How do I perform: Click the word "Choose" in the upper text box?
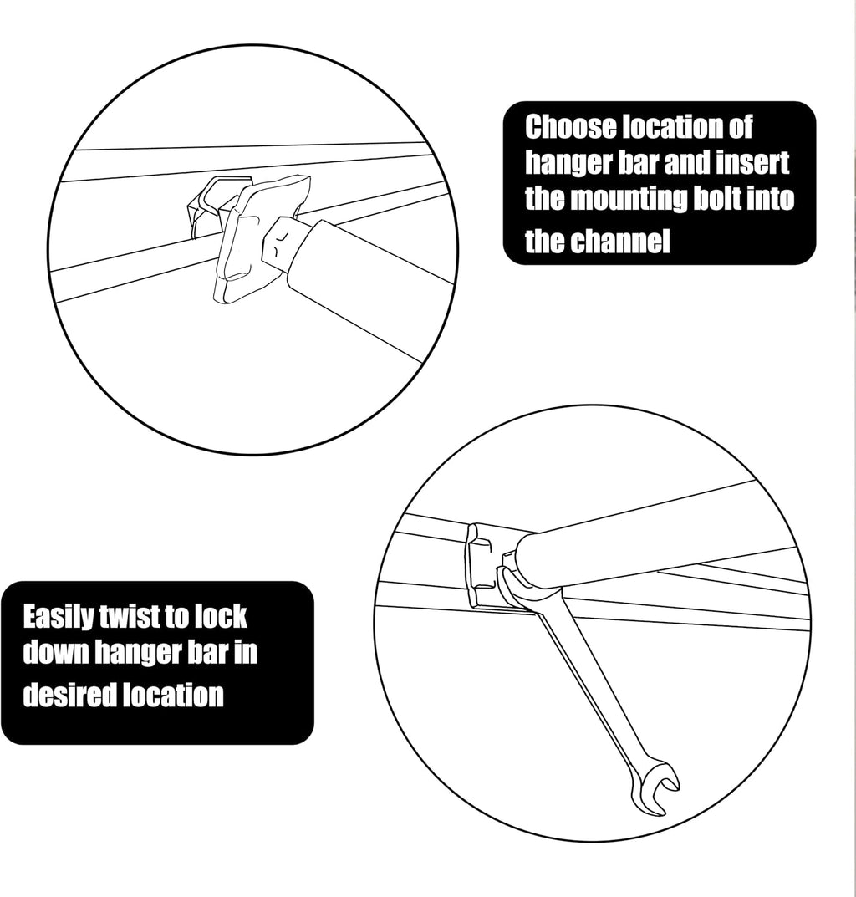click(571, 128)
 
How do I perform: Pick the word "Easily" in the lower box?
click(59, 618)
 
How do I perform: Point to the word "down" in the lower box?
click(54, 652)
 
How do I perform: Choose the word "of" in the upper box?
click(740, 128)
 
